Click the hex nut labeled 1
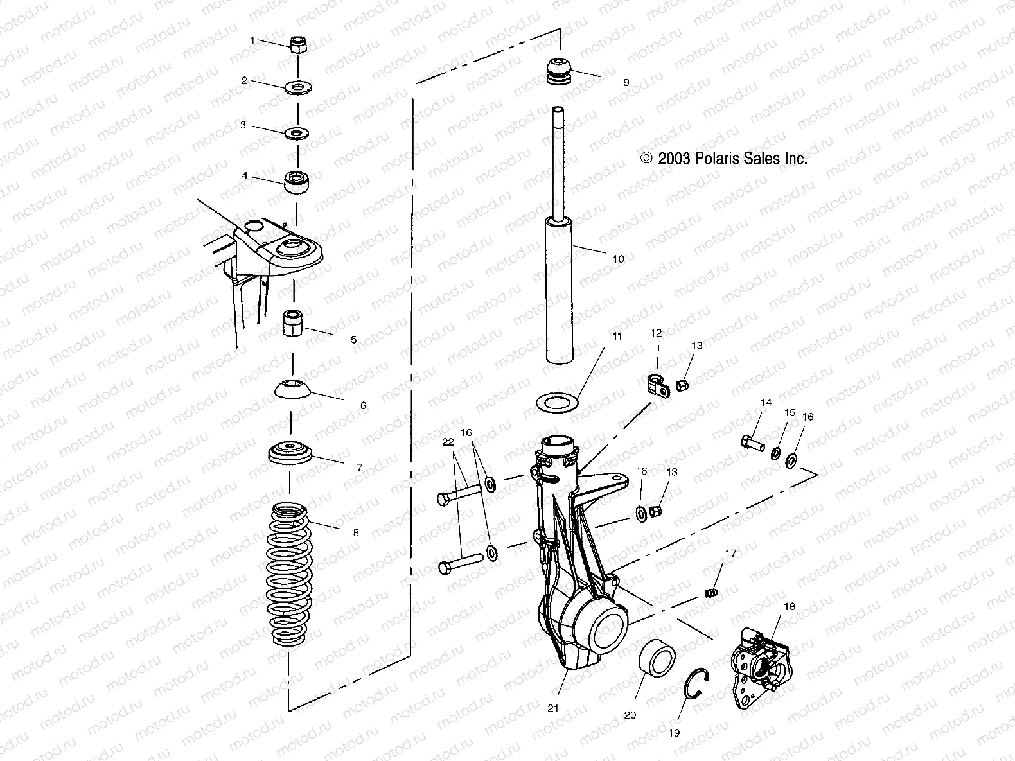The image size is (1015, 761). (x=297, y=46)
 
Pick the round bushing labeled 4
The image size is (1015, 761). (x=297, y=181)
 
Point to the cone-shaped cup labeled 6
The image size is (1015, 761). (x=294, y=390)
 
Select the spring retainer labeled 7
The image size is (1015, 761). (x=290, y=453)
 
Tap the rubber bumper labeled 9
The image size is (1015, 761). (x=560, y=71)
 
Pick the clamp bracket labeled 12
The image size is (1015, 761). (x=655, y=383)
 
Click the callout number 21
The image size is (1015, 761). (x=553, y=708)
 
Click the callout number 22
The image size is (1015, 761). (x=448, y=442)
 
